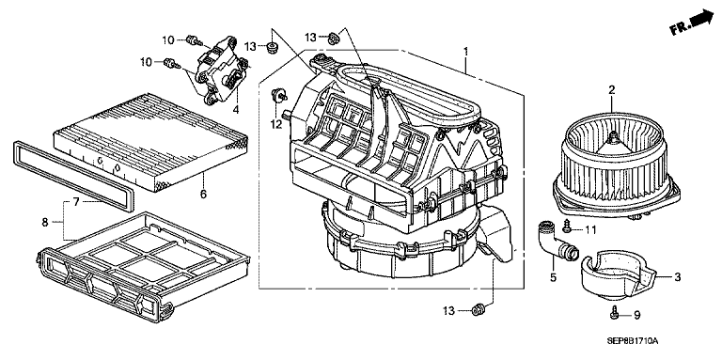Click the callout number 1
(466, 51)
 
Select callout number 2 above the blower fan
(611, 90)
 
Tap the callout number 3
(677, 277)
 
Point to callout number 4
(235, 110)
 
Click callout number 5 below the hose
(553, 277)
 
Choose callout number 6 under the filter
(203, 195)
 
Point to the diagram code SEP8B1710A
(633, 341)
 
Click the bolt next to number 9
(614, 313)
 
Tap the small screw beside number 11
(567, 225)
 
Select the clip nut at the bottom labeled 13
(478, 310)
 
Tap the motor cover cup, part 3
(618, 275)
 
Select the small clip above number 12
(278, 95)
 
